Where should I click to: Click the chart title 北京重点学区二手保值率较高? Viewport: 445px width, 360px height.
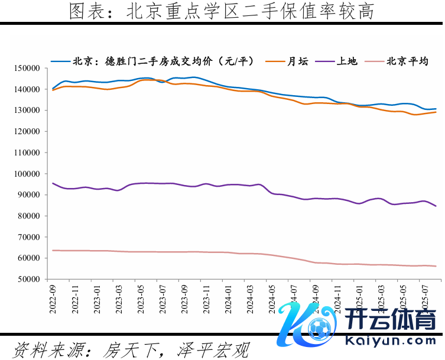(x=222, y=11)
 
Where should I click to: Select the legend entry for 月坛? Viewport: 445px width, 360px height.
(x=298, y=61)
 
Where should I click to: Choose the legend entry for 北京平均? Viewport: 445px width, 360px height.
(x=407, y=61)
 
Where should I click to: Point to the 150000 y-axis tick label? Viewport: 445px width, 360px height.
(x=26, y=69)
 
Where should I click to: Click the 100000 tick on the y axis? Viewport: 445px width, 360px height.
(x=26, y=174)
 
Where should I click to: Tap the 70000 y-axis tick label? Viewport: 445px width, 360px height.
(x=28, y=237)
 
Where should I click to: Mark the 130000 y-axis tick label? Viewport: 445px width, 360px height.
(x=26, y=111)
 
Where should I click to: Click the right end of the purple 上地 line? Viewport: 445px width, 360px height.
(x=436, y=206)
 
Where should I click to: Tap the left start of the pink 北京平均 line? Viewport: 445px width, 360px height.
(x=53, y=250)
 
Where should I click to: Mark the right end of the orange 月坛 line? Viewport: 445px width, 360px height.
(x=436, y=112)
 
